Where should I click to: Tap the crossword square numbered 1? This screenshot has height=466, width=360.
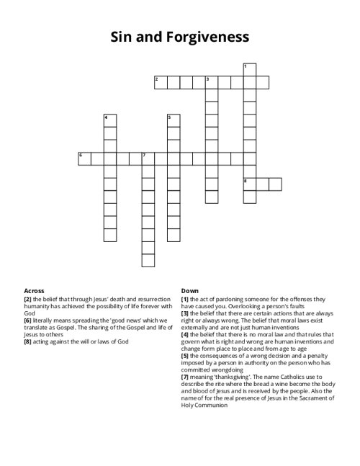(x=249, y=69)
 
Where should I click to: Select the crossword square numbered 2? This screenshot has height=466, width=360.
(x=161, y=82)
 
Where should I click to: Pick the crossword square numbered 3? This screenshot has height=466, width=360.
(x=212, y=82)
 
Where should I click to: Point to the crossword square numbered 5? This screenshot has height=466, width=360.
(x=173, y=120)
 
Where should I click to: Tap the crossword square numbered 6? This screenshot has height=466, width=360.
(x=84, y=158)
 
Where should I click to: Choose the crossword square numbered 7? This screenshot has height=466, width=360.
(x=148, y=158)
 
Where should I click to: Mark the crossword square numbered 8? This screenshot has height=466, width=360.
(x=249, y=184)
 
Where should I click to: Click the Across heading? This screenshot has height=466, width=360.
(x=34, y=290)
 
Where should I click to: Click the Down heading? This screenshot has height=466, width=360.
(x=190, y=290)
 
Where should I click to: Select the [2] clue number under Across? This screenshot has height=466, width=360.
(x=27, y=297)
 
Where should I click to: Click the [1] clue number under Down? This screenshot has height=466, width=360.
(x=185, y=297)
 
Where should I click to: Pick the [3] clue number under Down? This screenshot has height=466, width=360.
(x=185, y=312)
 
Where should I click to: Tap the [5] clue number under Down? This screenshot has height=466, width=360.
(x=185, y=354)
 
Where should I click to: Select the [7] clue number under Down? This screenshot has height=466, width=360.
(x=185, y=376)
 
